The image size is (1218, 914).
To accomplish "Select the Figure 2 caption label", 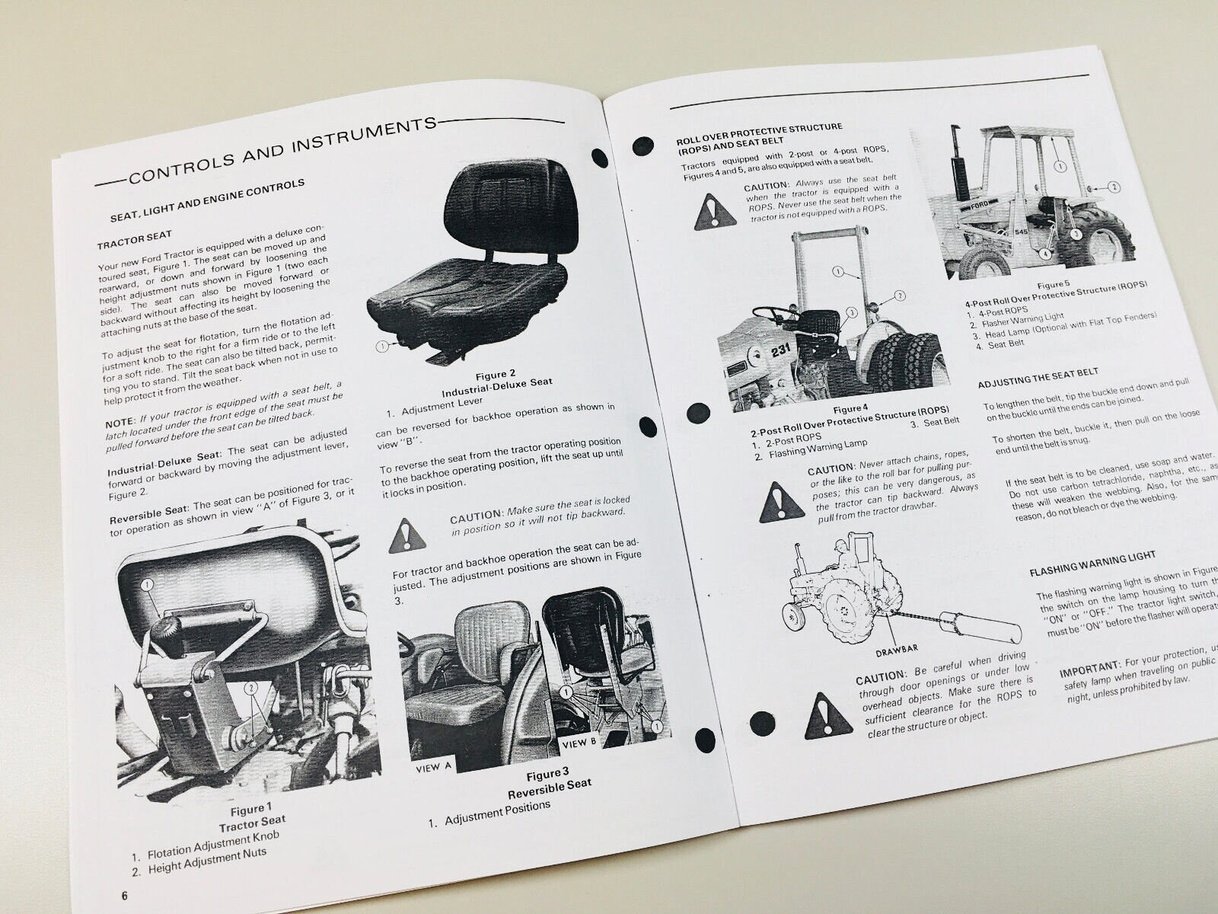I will (495, 374).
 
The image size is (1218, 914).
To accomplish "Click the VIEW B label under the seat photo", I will (579, 742).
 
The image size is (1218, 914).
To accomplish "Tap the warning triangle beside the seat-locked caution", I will (407, 536).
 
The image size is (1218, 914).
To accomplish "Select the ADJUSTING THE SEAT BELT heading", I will (1038, 376).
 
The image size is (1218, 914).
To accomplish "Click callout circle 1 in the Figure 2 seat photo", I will (382, 347).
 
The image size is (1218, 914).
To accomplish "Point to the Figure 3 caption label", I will (547, 775).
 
